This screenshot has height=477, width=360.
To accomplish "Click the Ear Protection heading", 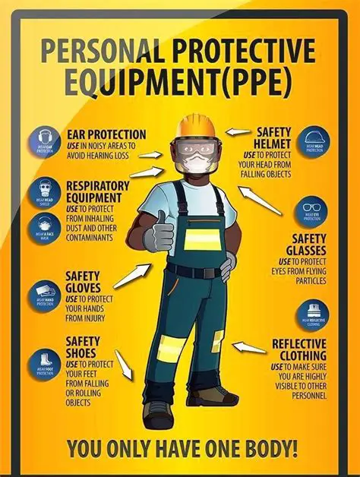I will coord(106,134).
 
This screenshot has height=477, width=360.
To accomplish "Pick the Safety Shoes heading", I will coord(83,348).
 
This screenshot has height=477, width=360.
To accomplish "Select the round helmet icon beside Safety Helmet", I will coord(314,141).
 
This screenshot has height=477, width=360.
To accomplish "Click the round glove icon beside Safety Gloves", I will coord(45,295).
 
